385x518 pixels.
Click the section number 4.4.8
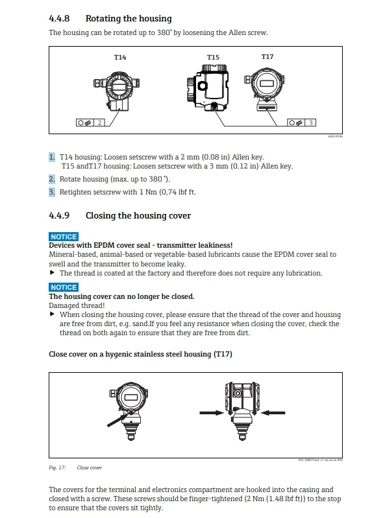(59, 19)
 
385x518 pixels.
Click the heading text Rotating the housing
(129, 19)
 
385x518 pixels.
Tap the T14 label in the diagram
(120, 58)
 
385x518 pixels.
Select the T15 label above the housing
(213, 58)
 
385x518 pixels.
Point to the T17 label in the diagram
(267, 57)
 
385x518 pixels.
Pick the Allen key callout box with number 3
(302, 122)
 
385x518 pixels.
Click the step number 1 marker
(52, 157)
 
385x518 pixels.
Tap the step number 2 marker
(52, 179)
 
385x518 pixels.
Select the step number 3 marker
(52, 192)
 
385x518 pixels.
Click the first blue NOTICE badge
(64, 237)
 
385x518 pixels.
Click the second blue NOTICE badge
(64, 287)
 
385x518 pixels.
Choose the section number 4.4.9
(59, 215)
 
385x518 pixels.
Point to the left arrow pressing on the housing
(213, 411)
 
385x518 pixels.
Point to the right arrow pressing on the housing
(273, 411)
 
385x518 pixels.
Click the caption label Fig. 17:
(57, 467)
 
